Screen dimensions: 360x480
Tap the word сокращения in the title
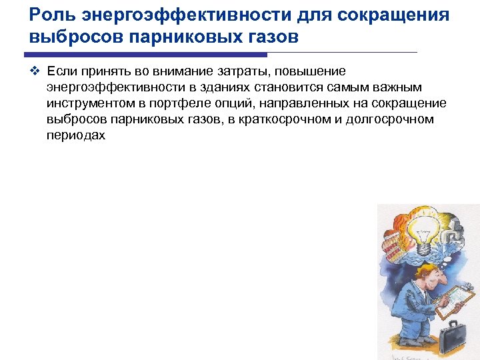coord(393,15)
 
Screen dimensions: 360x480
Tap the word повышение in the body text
coord(317,71)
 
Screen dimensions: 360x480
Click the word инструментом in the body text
coord(90,103)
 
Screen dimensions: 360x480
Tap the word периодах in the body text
coord(76,135)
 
